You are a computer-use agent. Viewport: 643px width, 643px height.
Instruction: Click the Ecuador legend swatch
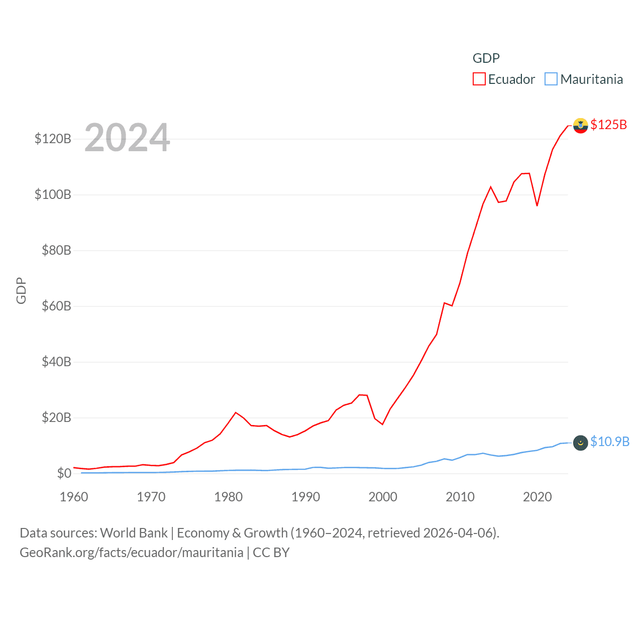[479, 79]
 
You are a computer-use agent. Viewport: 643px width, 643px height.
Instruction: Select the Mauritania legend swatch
[551, 79]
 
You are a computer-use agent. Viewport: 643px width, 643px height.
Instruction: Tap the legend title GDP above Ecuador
[486, 58]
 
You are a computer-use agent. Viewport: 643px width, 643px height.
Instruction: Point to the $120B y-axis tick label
[53, 139]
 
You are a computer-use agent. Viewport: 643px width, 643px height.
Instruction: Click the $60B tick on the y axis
[56, 306]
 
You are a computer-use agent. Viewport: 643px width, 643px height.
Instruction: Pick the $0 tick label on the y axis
[64, 473]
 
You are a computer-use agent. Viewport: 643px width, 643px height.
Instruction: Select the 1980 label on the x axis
[228, 497]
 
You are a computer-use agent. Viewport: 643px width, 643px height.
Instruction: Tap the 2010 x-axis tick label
[460, 497]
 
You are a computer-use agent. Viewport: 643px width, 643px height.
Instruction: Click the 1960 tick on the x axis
[74, 497]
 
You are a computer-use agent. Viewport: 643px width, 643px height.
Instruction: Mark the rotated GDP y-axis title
[21, 290]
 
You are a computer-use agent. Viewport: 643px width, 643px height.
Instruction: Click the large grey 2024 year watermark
[127, 138]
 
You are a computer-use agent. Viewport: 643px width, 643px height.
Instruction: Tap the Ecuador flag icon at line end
[580, 126]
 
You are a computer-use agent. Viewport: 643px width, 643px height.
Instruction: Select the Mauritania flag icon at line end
[580, 443]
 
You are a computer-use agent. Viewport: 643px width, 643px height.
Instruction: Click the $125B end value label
[608, 125]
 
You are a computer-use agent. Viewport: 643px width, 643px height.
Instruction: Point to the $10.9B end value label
[610, 442]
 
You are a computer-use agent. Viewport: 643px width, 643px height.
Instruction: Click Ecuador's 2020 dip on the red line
[537, 205]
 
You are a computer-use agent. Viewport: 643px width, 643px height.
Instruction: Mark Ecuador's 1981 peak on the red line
[236, 412]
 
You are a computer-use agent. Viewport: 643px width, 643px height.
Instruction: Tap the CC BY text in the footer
[271, 553]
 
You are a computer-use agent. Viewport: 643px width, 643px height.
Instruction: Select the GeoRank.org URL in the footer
[131, 553]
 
